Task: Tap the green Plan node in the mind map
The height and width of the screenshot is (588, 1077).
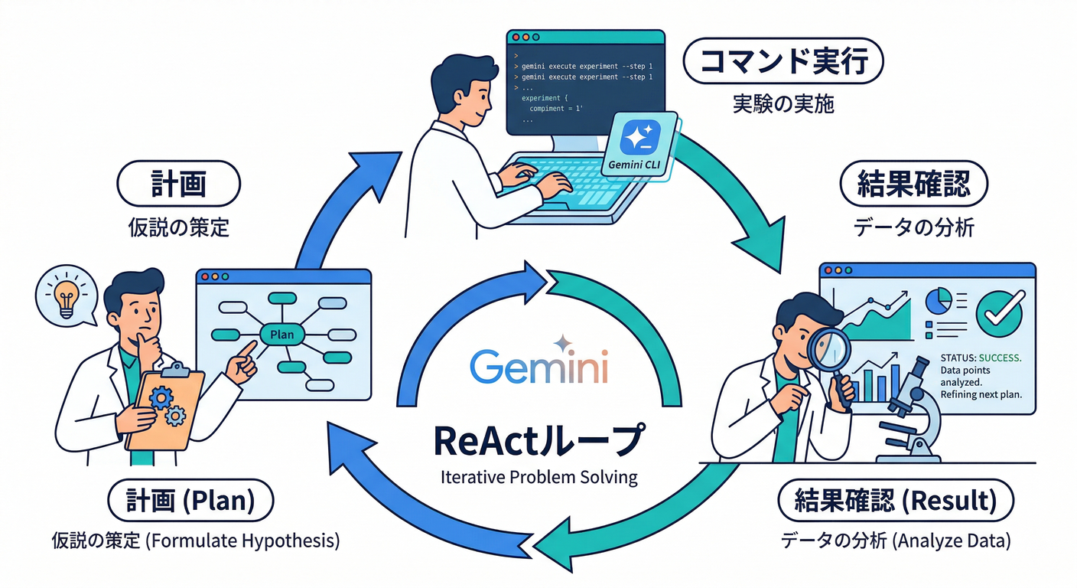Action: click(x=281, y=334)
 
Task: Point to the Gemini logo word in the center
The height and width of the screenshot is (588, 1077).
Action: click(x=538, y=367)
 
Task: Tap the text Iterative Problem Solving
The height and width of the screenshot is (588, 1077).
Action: click(x=538, y=477)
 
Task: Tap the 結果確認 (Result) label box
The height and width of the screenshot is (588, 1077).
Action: click(x=895, y=501)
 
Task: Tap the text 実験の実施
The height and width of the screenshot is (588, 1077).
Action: click(x=782, y=103)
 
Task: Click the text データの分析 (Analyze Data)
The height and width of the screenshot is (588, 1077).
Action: click(x=895, y=541)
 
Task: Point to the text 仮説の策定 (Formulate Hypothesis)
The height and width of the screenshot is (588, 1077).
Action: click(x=196, y=541)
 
